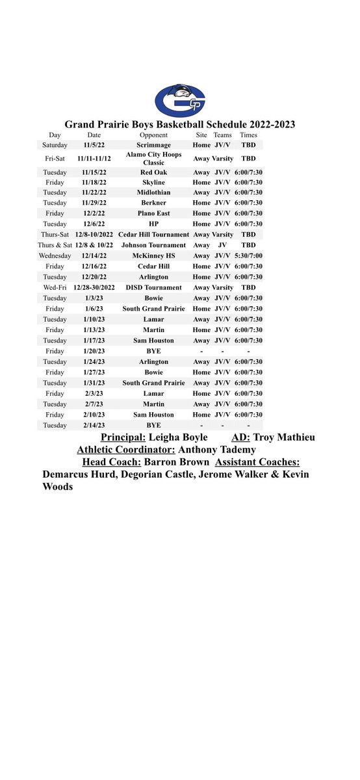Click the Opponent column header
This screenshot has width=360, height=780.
[x=153, y=135]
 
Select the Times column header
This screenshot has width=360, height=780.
[x=248, y=135]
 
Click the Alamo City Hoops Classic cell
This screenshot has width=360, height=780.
[x=153, y=158]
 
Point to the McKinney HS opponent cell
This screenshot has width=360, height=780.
[x=153, y=256]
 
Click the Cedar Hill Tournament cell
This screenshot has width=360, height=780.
[x=153, y=235]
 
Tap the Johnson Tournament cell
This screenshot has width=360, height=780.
[x=153, y=245]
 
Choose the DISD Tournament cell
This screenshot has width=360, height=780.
[x=153, y=288]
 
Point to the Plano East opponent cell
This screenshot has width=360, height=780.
[x=153, y=213]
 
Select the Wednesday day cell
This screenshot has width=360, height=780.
[x=55, y=256]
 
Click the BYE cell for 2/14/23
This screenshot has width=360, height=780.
[x=153, y=425]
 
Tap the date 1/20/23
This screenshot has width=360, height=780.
[x=89, y=351]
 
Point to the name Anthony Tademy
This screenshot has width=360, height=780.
[x=217, y=449]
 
